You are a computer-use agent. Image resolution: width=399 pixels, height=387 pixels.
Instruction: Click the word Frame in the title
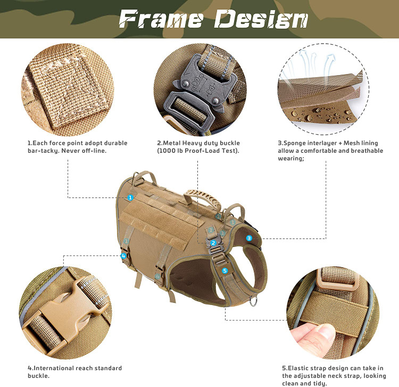pos(161,19)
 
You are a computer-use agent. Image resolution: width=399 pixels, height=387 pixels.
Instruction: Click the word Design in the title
pos(261,19)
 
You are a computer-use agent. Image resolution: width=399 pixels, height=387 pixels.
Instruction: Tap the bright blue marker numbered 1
pos(130,197)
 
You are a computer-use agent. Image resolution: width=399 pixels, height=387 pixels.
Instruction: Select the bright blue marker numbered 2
pos(213,243)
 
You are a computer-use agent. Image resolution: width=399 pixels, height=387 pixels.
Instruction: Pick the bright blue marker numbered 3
pos(249,238)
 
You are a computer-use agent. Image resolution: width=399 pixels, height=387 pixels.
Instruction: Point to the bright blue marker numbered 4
pos(123,256)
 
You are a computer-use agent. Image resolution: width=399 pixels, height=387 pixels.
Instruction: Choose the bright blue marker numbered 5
pos(225,270)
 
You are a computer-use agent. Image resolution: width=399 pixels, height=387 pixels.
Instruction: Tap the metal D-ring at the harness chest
pos(253,301)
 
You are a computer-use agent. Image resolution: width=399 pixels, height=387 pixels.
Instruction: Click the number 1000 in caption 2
pos(169,151)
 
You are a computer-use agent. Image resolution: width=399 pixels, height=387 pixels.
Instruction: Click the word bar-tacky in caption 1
pos(44,151)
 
